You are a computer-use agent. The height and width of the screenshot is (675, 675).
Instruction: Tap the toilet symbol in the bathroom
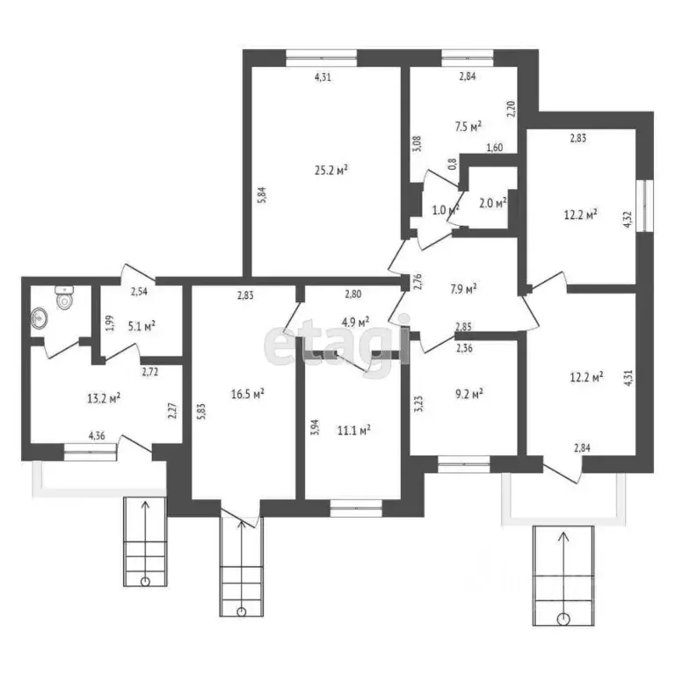click(x=63, y=298)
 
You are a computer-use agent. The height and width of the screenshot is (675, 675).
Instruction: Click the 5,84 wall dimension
click(x=261, y=192)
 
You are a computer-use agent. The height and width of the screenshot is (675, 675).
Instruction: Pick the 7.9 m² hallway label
click(x=461, y=287)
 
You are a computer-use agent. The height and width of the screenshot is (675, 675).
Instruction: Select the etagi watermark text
click(x=337, y=350)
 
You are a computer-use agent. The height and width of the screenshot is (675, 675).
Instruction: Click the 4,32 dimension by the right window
click(x=627, y=217)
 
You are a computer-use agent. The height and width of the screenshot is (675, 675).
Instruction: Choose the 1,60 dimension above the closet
click(x=494, y=148)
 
